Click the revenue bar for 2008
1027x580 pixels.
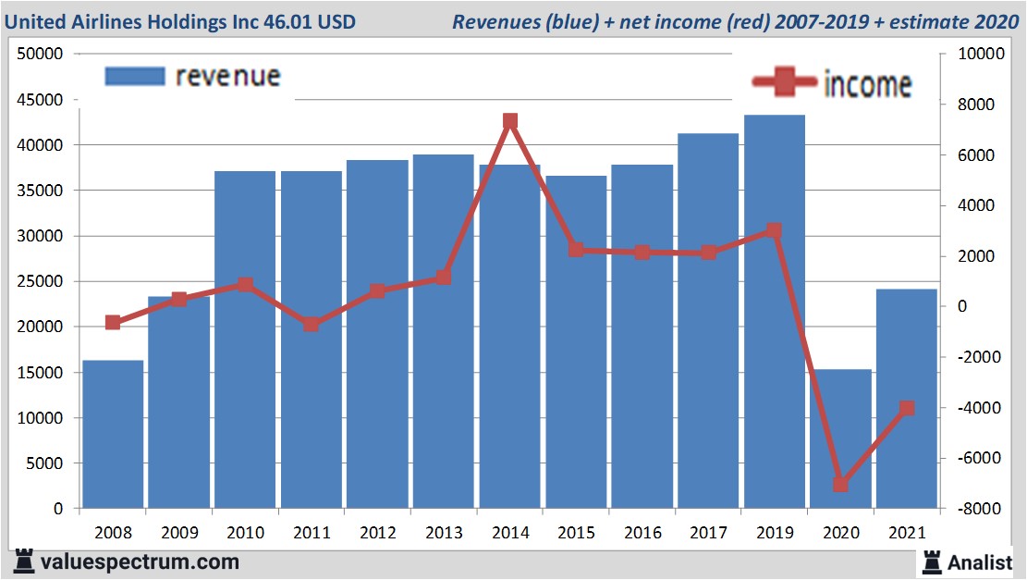pos(113,434)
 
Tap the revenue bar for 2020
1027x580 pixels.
pos(840,438)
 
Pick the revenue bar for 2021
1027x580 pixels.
pos(907,398)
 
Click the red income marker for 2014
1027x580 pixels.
pos(510,122)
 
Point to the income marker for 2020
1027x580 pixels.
pos(840,484)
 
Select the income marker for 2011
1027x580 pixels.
pos(312,324)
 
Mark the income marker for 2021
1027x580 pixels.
pos(907,408)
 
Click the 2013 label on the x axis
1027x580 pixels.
pos(444,533)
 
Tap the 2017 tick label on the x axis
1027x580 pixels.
pos(708,533)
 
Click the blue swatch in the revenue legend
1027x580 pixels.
pos(134,76)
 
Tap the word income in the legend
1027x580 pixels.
pos(867,84)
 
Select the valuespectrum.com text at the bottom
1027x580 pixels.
pos(140,561)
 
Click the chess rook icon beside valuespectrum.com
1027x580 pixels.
pos(22,561)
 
